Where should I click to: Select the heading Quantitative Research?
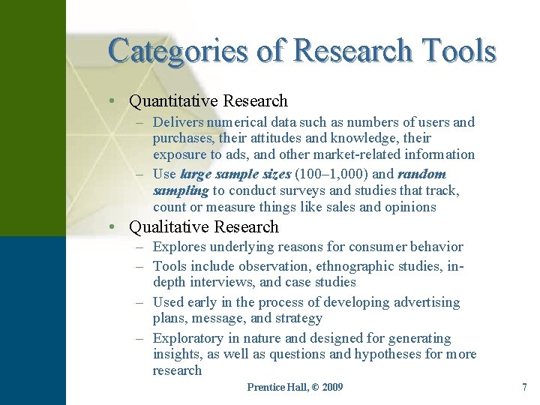208,100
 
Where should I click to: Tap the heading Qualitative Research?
204,226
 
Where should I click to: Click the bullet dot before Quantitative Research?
110,101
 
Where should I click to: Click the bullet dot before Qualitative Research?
110,227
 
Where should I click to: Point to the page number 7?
524,387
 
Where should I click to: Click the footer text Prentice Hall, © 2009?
295,387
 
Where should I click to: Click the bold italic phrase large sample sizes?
235,174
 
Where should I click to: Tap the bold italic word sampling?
180,190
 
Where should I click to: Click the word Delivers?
177,121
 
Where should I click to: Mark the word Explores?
179,247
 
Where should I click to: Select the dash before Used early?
141,302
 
